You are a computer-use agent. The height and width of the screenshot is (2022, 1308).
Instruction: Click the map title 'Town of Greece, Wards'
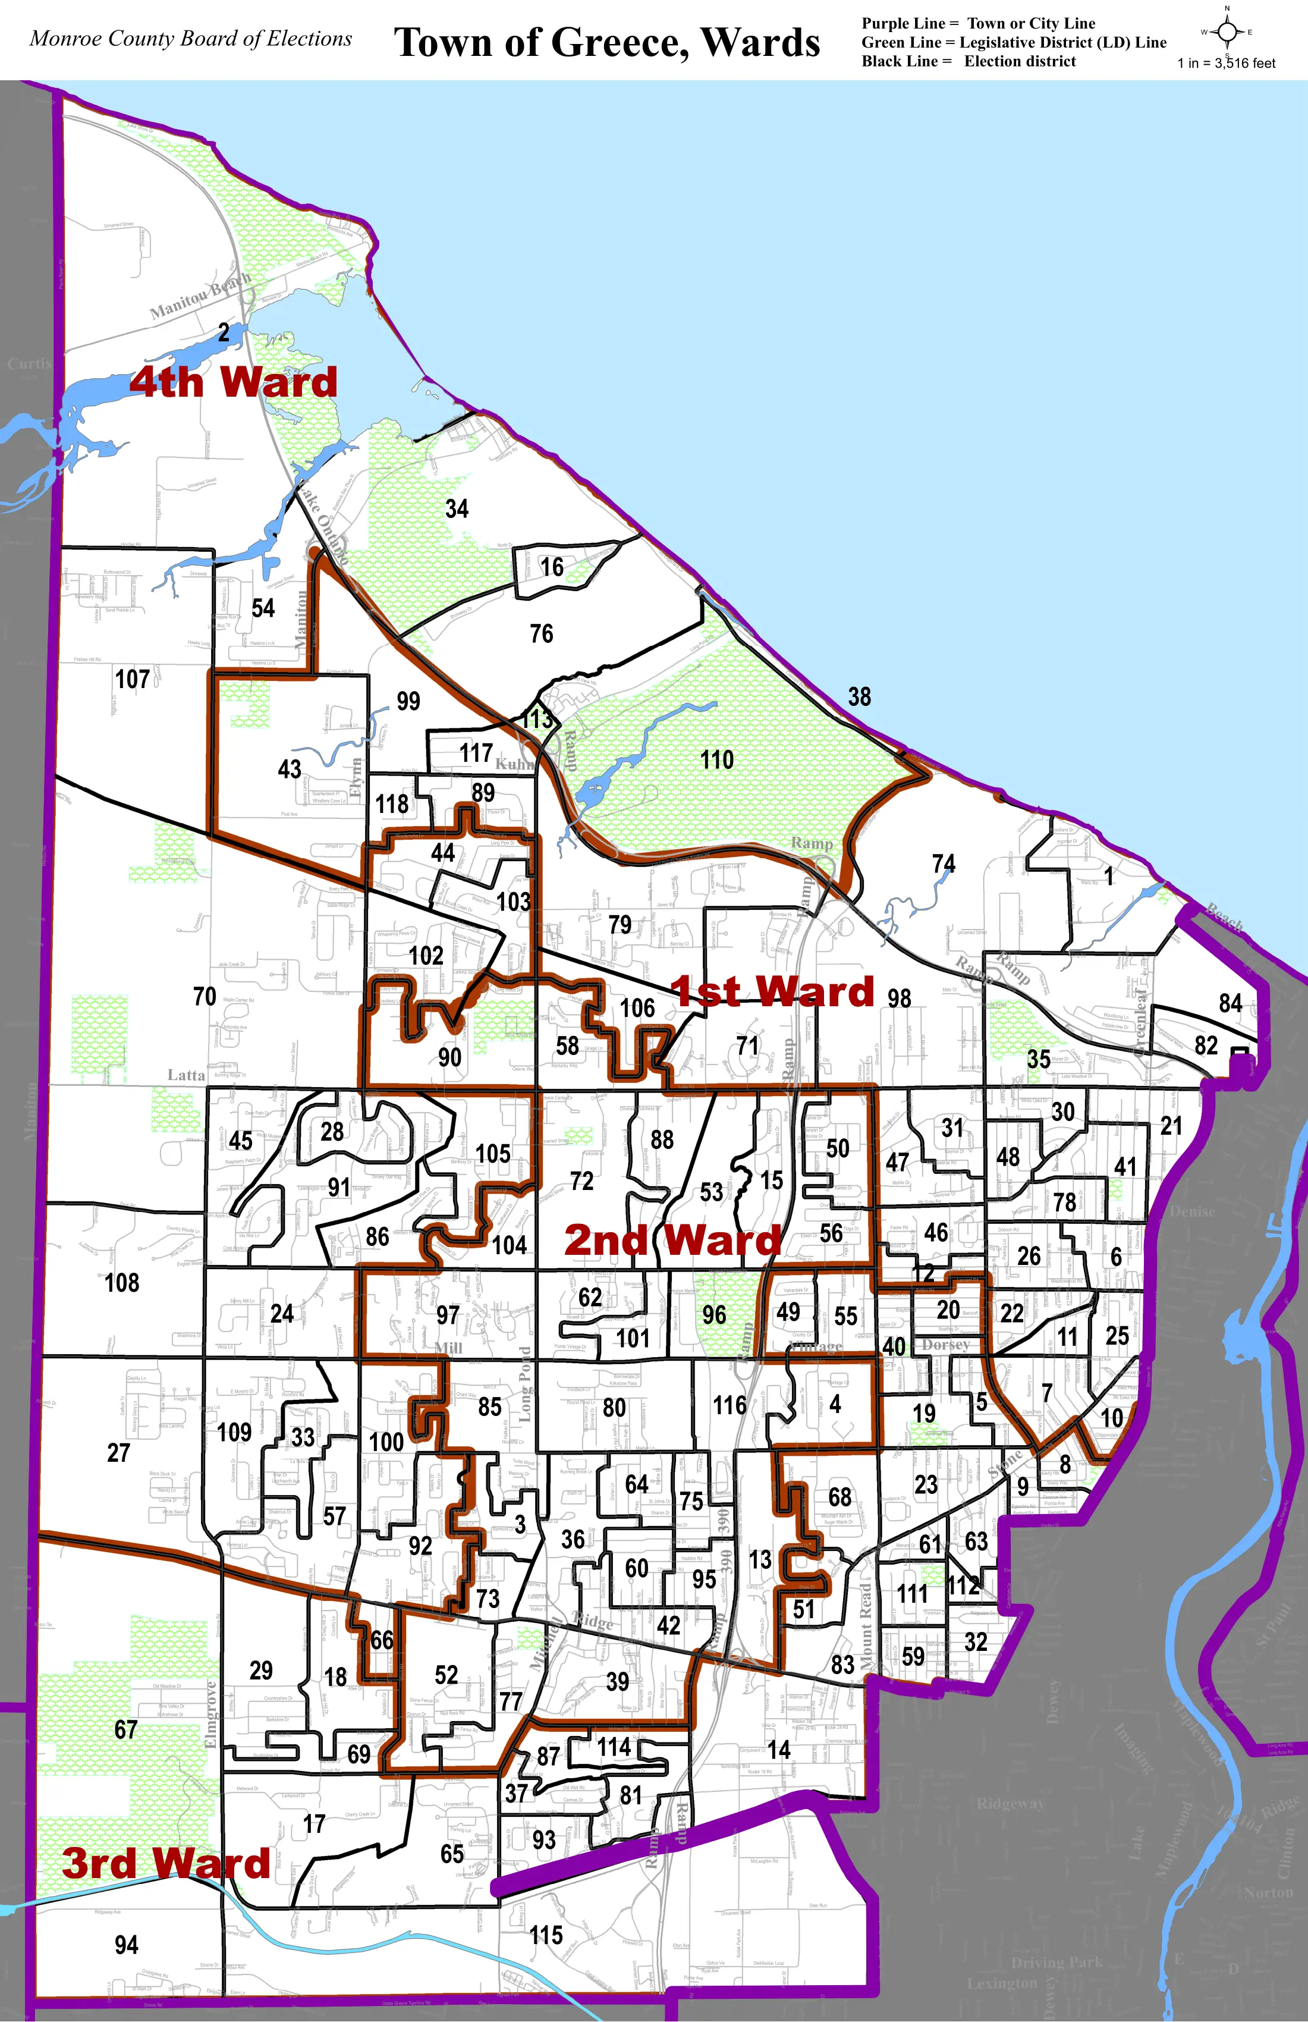point(606,42)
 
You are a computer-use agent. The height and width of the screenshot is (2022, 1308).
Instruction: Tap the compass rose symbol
point(1227,32)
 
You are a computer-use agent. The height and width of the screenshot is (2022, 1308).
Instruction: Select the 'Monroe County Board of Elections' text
point(190,39)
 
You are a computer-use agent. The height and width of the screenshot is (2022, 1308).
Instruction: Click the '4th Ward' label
point(234,382)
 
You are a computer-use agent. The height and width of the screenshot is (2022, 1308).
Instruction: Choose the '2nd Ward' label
point(672,1241)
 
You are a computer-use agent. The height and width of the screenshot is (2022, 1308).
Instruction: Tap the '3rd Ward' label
point(166,1863)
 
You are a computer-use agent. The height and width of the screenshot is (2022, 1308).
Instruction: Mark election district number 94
point(127,1945)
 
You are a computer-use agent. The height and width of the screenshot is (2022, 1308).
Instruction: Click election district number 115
point(546,1935)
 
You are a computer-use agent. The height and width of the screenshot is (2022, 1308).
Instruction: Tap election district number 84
point(1230,1003)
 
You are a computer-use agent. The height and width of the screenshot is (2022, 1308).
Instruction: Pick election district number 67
point(125,1729)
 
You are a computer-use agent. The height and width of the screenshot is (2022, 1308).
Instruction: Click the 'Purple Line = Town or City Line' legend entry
point(977,24)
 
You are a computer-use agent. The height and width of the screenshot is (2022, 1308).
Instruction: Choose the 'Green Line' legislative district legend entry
point(1013,42)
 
